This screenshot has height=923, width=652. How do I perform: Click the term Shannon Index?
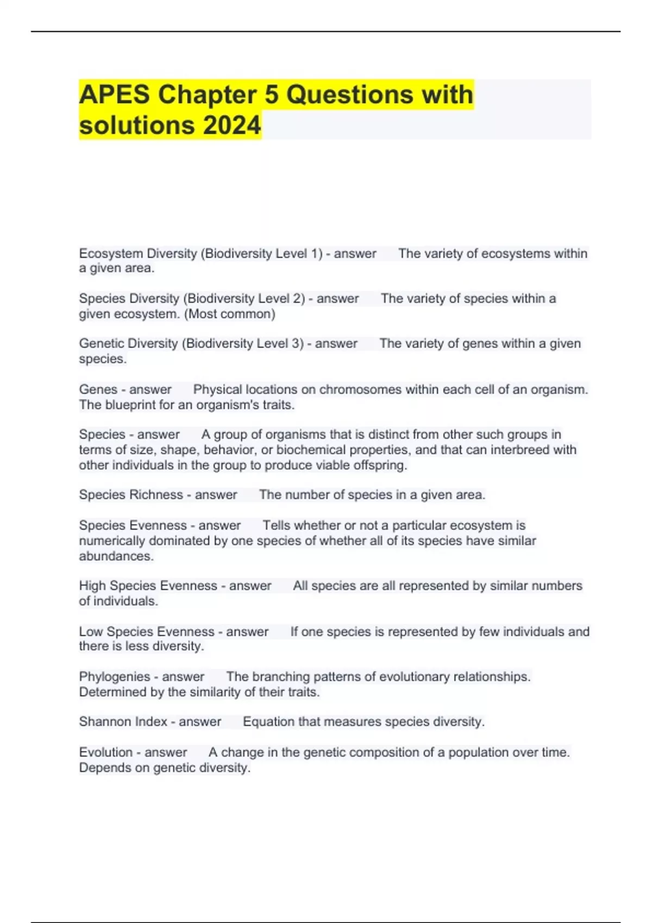(x=123, y=722)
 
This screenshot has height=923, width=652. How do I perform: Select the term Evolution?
(x=105, y=752)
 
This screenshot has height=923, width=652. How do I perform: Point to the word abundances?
(x=116, y=556)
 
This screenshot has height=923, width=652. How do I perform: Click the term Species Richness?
(x=130, y=495)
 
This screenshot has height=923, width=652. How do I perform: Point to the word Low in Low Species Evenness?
(x=91, y=631)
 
